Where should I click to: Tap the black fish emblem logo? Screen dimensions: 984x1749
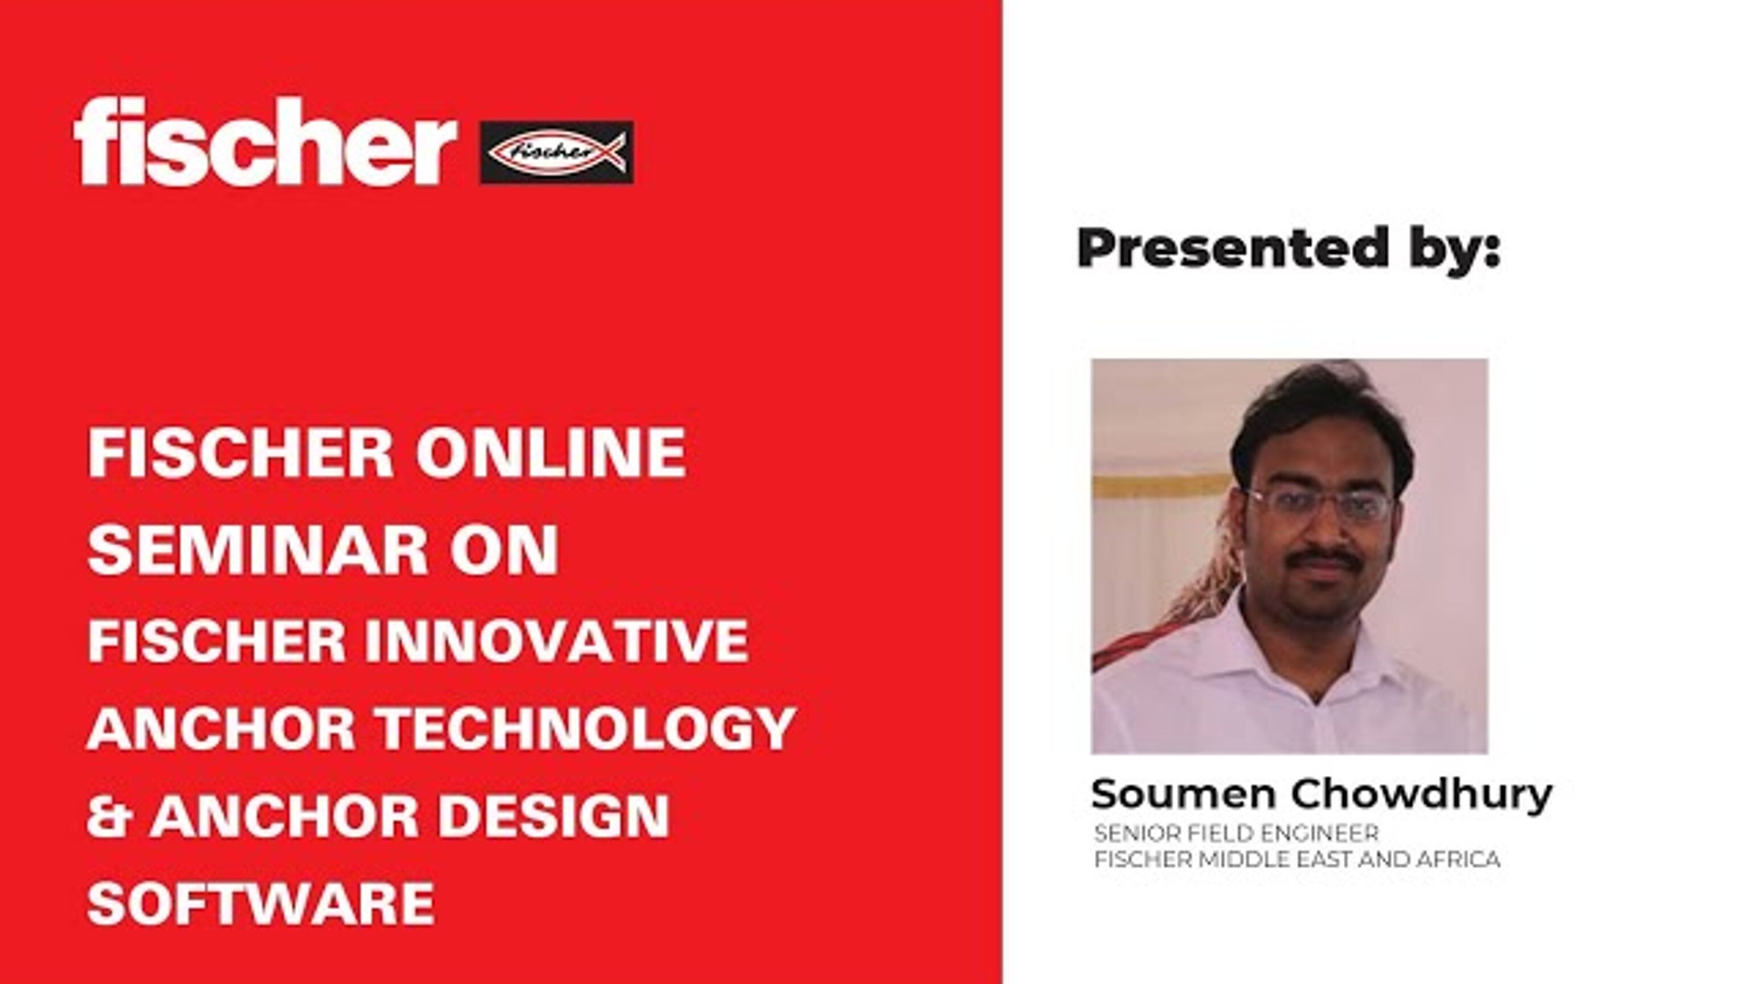tap(556, 152)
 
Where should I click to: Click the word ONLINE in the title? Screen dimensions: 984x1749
tap(550, 453)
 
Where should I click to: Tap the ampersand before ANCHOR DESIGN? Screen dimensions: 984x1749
tap(109, 816)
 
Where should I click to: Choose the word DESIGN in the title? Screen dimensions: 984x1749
tap(553, 816)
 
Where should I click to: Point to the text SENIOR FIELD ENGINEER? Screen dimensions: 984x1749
tap(1236, 832)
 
